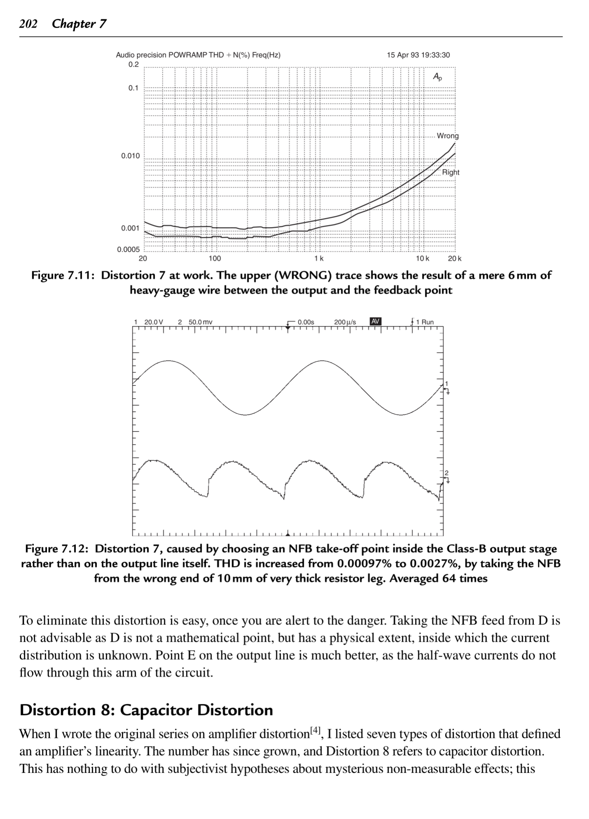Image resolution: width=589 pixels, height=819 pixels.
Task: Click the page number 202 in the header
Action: tap(28, 24)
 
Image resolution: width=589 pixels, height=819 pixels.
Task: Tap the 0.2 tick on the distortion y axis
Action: tap(134, 65)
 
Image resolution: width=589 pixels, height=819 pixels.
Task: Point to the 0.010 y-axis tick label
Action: tap(130, 156)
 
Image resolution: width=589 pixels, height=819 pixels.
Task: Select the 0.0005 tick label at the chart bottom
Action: tap(128, 249)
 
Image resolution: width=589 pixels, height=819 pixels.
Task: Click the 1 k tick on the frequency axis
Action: tap(318, 259)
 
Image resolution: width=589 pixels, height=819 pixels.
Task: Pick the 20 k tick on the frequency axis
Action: tap(455, 259)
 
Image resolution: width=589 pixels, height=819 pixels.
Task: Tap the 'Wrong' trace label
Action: tap(447, 136)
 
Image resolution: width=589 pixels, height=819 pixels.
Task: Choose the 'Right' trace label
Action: tap(451, 172)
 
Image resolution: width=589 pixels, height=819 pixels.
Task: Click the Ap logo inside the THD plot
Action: tap(437, 77)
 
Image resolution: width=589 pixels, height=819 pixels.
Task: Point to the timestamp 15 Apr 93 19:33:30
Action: tap(418, 55)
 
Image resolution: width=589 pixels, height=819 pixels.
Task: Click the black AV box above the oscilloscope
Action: tap(375, 321)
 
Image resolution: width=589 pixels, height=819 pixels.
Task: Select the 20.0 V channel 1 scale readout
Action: tap(153, 322)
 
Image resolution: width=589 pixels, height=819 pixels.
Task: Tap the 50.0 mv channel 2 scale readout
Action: tap(200, 322)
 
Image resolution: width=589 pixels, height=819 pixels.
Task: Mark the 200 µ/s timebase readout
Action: tap(345, 322)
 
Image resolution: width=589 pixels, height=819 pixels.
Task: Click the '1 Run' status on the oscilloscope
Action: tap(425, 322)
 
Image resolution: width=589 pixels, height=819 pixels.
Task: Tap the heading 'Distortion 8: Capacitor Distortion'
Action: tap(146, 710)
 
